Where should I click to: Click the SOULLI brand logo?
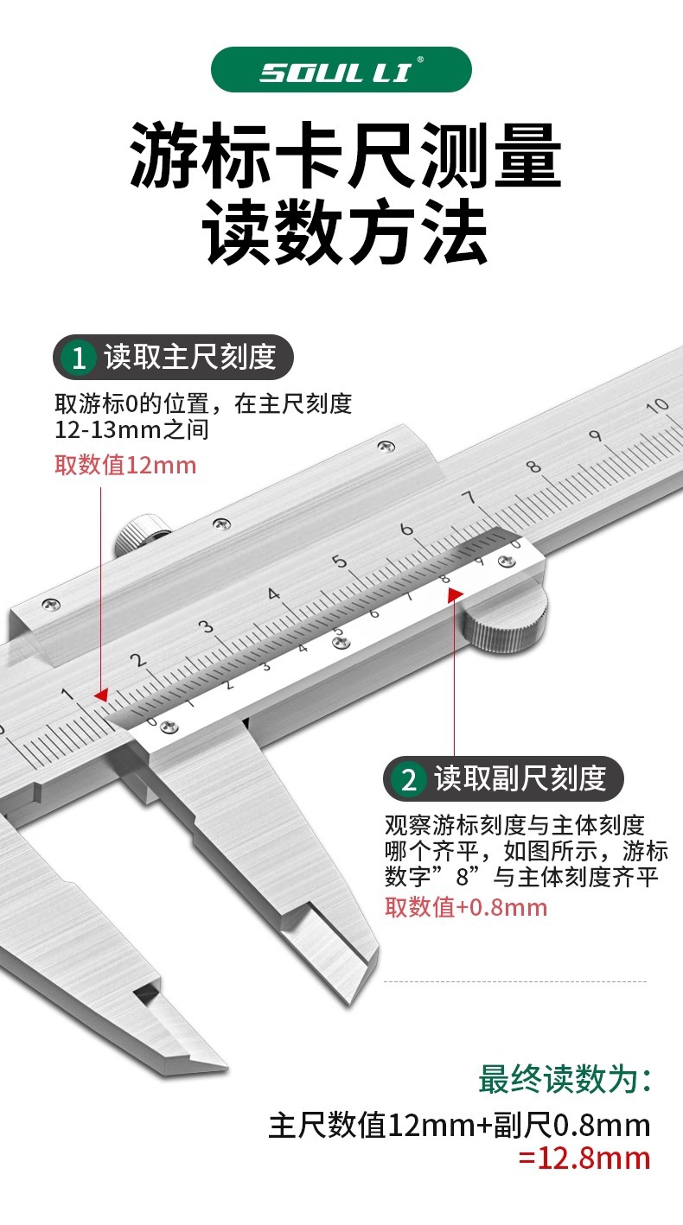click(341, 70)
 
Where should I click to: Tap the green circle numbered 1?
click(80, 358)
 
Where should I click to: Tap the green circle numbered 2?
click(409, 779)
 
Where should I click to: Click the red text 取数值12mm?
click(125, 466)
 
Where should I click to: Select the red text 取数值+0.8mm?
click(465, 907)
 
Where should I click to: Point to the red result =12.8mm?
click(584, 1158)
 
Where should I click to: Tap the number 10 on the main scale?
click(659, 405)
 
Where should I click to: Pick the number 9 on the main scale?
click(595, 436)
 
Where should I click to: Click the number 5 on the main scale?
click(340, 562)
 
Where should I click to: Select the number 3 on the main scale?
click(206, 627)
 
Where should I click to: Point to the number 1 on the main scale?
click(67, 694)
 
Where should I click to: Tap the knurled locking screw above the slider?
click(140, 535)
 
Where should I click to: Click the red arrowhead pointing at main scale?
click(101, 695)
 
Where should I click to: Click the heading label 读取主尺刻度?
click(189, 357)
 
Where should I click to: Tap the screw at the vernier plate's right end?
click(505, 562)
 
